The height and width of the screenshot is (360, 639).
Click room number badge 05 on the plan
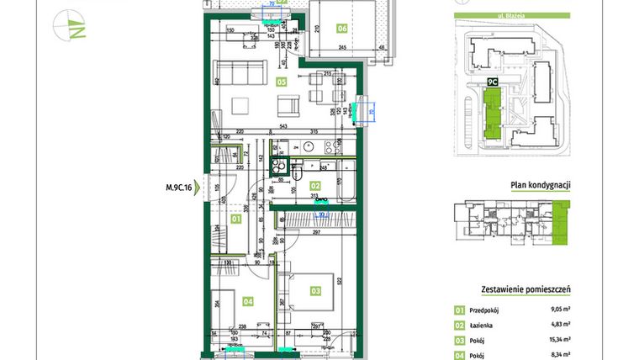(x=282, y=82)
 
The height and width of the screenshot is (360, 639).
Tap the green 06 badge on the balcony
(x=341, y=28)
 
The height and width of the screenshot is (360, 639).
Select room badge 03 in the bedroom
(x=315, y=291)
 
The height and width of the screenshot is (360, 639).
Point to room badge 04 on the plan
(x=248, y=300)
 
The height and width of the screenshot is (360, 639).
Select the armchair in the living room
(x=288, y=106)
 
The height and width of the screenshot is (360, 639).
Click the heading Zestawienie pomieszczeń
(x=525, y=289)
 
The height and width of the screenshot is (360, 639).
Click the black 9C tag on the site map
(x=493, y=82)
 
